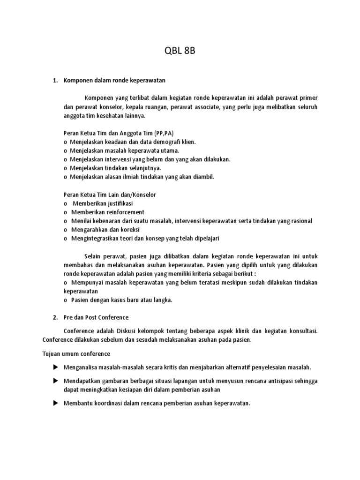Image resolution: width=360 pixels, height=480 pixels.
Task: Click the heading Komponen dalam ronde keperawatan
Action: point(114,81)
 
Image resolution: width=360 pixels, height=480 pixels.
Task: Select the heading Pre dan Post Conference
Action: point(96,317)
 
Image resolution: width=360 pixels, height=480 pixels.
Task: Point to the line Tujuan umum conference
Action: point(76,353)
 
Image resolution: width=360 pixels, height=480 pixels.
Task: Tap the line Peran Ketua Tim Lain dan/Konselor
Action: point(110,194)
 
